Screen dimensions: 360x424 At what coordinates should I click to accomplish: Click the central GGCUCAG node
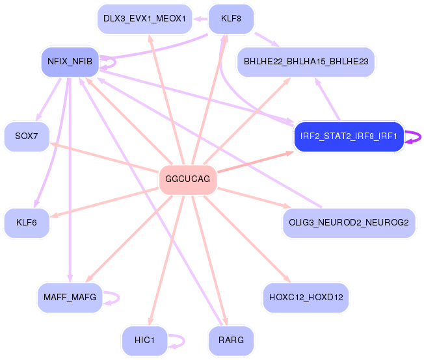(x=187, y=179)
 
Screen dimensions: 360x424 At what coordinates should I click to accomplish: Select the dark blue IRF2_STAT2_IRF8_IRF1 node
(x=349, y=136)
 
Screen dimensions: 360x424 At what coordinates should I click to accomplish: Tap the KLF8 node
(x=231, y=18)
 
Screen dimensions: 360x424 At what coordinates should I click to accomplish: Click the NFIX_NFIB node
(x=70, y=62)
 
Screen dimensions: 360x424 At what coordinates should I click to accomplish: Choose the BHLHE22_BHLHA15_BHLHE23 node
(x=306, y=62)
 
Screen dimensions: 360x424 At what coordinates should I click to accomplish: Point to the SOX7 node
(x=27, y=136)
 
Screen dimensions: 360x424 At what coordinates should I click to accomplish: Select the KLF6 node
(x=27, y=223)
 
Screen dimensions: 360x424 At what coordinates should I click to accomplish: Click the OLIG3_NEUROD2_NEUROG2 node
(x=349, y=223)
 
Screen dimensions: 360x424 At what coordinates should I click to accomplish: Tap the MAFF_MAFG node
(x=70, y=297)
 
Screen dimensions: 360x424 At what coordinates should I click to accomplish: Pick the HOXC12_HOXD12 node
(x=306, y=297)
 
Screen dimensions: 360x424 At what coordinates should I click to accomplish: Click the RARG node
(x=231, y=341)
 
